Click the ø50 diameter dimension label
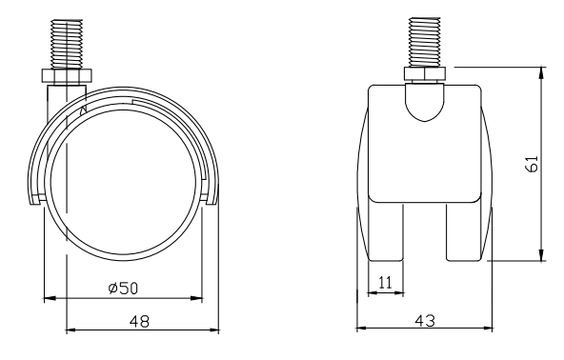click(123, 288)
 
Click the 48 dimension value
click(139, 321)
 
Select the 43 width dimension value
click(425, 321)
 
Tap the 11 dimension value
click(385, 283)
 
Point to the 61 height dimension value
click(532, 164)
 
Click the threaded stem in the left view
click(67, 44)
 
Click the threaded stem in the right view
click(425, 42)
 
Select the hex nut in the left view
click(67, 75)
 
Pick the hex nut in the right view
click(425, 73)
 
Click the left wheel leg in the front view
click(386, 232)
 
